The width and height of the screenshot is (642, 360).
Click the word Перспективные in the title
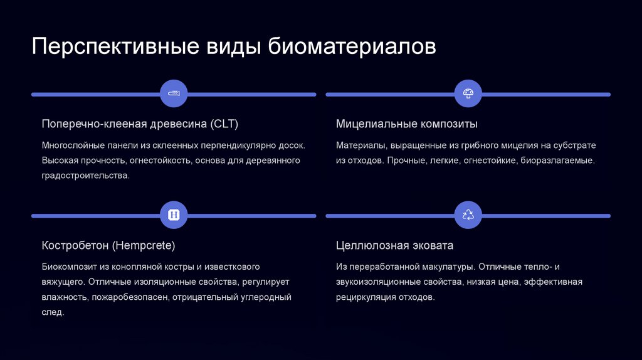110,47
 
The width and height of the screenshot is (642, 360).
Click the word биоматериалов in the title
352,47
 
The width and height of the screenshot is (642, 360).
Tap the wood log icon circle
174,93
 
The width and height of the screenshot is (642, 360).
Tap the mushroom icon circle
468,93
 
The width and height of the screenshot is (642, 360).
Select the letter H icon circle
174,215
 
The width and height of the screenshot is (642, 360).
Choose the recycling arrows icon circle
468,215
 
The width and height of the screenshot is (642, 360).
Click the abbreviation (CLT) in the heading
224,124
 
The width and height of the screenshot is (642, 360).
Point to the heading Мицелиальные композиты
407,124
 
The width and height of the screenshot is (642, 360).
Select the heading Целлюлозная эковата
394,245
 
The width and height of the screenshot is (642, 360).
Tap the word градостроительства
86,176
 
